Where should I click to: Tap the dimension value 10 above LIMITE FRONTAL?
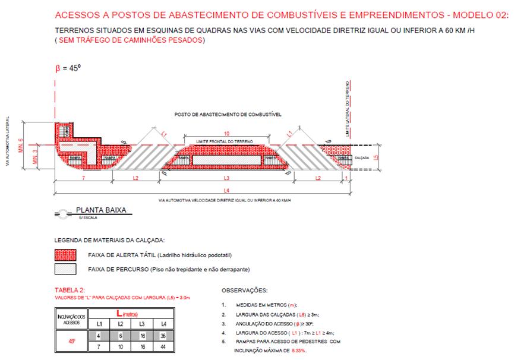pos(228,134)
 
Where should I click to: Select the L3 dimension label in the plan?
pos(226,178)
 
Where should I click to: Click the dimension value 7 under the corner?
pos(83,178)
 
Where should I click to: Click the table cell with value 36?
pos(162,336)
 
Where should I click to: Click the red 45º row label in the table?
pos(71,341)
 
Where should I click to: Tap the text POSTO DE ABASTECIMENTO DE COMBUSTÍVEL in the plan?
pos(228,113)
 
